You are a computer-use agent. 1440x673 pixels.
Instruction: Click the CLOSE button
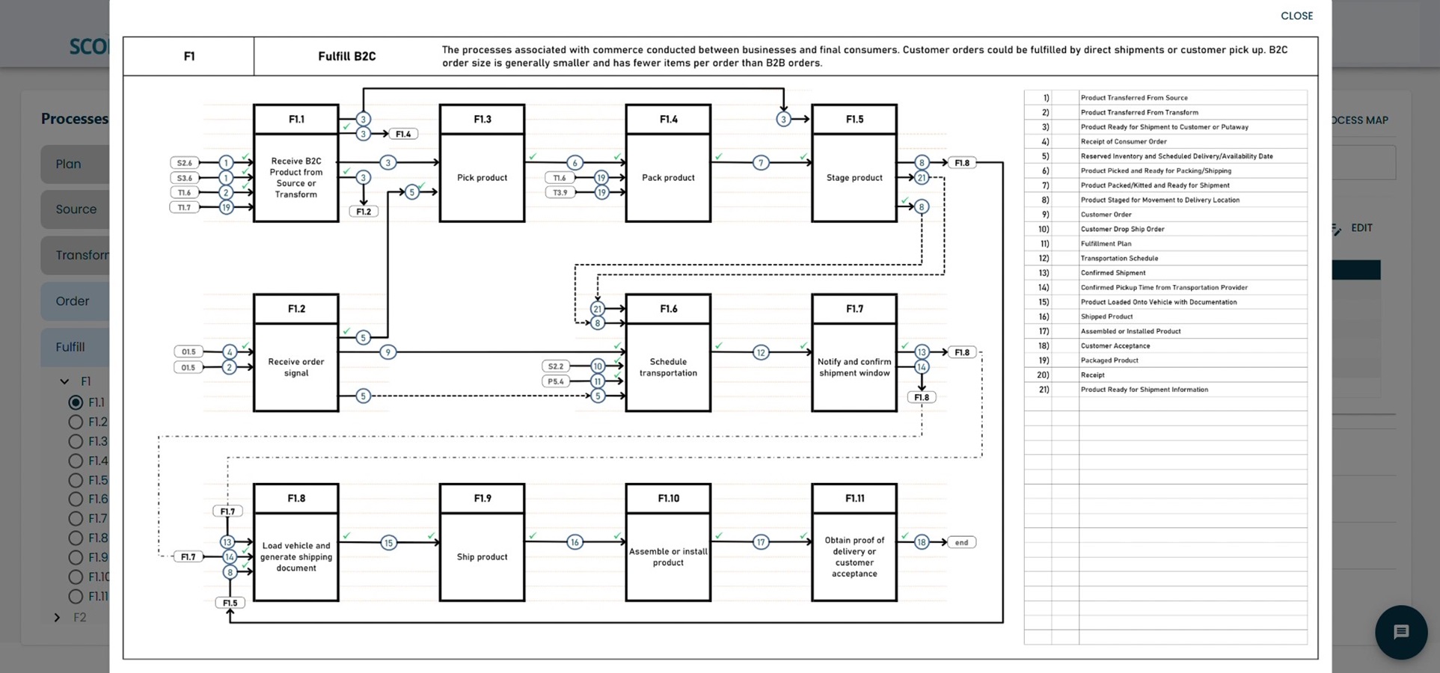point(1296,16)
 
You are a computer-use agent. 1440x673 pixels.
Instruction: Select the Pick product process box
point(482,178)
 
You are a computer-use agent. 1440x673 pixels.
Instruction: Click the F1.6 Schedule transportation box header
point(668,309)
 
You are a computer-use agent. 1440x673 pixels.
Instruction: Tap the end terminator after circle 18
point(961,542)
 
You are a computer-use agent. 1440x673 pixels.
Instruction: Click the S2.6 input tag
point(184,162)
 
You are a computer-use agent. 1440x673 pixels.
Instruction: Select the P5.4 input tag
point(555,381)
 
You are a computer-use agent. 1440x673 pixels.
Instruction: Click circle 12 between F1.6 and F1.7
point(760,352)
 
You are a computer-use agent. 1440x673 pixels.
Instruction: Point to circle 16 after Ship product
point(574,542)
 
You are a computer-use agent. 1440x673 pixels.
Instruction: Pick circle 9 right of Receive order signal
point(387,352)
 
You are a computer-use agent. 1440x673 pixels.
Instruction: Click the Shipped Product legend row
point(1106,316)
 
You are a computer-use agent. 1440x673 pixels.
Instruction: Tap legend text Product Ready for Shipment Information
point(1144,390)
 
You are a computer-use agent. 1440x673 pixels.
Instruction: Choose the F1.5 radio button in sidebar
point(76,480)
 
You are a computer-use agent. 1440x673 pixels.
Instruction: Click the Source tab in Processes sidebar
point(76,209)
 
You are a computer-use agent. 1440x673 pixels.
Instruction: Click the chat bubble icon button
point(1400,632)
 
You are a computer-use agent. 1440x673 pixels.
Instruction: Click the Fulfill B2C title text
point(346,56)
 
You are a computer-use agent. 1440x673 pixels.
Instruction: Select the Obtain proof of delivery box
point(854,556)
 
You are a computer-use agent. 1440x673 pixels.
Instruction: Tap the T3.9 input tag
point(560,192)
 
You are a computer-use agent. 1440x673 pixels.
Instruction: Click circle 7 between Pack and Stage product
point(760,162)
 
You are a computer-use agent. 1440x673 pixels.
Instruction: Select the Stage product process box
point(854,178)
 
